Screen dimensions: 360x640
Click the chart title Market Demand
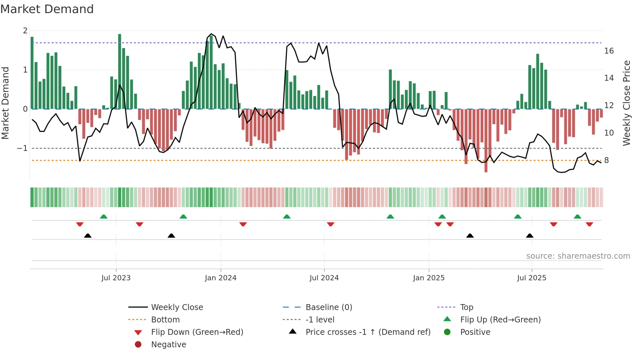tap(47, 9)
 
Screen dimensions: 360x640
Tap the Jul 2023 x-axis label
tap(116, 278)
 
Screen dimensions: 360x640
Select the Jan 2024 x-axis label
tap(220, 278)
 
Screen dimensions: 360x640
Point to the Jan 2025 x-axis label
tap(428, 278)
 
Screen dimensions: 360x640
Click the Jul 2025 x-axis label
tap(532, 278)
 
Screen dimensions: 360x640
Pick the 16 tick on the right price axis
tap(609, 51)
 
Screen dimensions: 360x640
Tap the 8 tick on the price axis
tap(606, 160)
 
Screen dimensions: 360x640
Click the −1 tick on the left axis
tap(22, 148)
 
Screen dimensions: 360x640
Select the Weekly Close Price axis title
tap(626, 103)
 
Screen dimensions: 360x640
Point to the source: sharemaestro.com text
tap(578, 256)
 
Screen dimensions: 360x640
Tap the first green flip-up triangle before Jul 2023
tap(104, 217)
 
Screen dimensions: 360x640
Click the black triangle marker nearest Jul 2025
tap(530, 236)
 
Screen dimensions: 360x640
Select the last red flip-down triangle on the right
tap(589, 224)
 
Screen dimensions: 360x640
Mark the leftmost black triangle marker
tap(88, 236)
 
